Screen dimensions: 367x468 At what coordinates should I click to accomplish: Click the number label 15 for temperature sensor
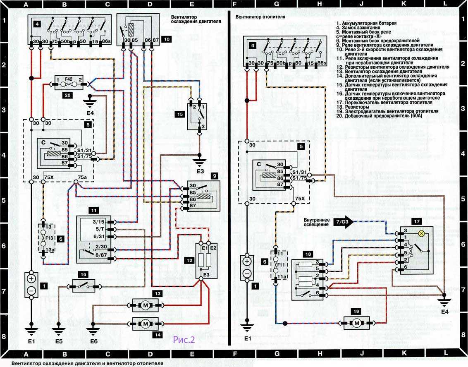[179, 113]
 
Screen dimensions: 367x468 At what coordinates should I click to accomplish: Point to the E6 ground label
[93, 342]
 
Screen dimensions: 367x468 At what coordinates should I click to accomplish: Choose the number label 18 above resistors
[297, 253]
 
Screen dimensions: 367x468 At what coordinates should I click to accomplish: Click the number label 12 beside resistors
[189, 261]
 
